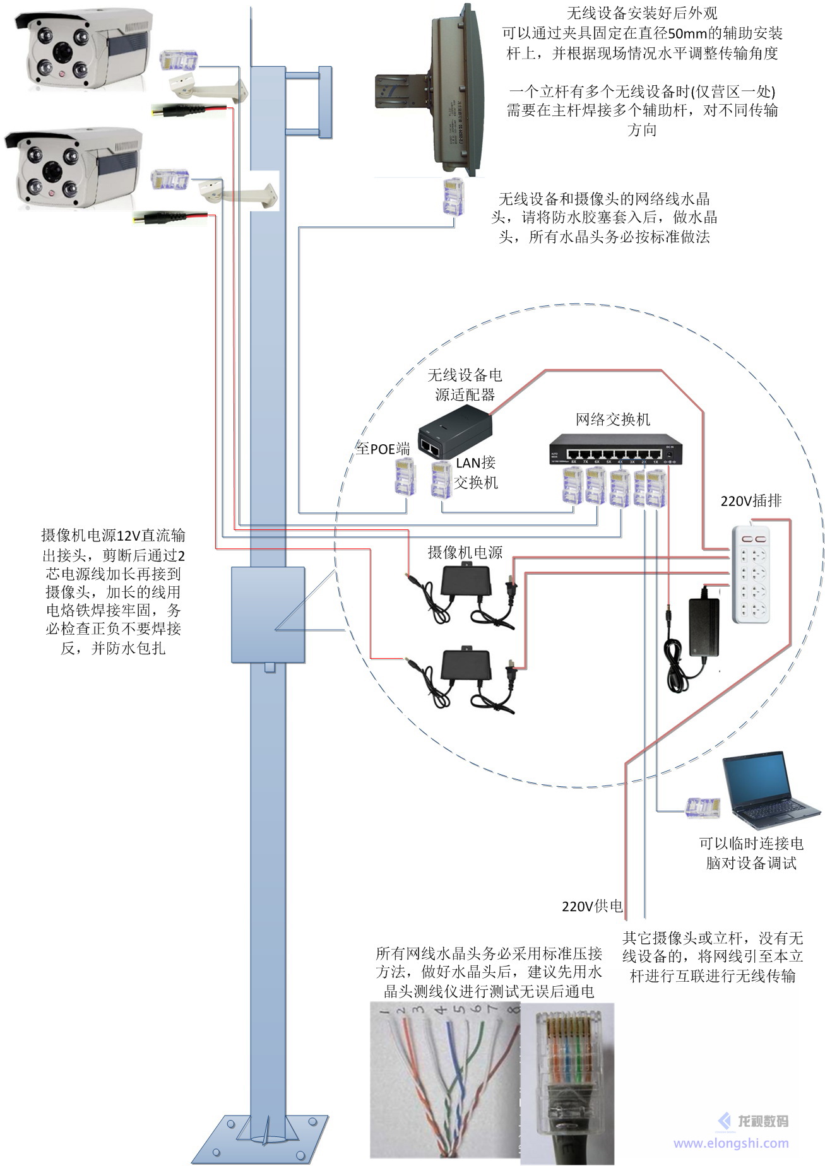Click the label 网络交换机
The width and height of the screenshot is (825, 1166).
tap(612, 420)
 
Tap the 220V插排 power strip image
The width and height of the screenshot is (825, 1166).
tap(751, 575)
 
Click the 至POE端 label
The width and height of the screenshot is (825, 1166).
tap(383, 449)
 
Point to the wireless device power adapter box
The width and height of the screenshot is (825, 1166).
tap(454, 432)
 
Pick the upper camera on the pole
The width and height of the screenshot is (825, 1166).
tap(83, 50)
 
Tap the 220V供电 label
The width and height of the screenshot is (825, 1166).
tap(592, 907)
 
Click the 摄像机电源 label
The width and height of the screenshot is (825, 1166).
tap(465, 553)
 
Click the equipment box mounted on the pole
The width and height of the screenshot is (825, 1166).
tap(268, 615)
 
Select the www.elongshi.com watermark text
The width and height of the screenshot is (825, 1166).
tap(731, 1143)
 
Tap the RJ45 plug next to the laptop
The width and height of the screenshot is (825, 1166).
tap(703, 808)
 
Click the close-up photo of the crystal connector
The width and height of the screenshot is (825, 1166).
tap(566, 1081)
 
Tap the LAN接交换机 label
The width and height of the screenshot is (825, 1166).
tap(476, 472)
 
